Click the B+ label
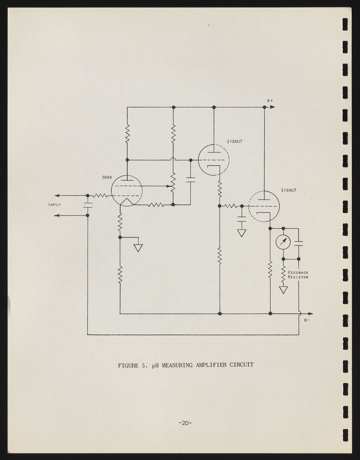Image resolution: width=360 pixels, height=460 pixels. click(270, 101)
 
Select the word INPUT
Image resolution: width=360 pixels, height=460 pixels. click(55, 205)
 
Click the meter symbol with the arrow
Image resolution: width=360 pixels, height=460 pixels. click(283, 243)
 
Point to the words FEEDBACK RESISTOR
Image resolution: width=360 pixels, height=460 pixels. click(298, 275)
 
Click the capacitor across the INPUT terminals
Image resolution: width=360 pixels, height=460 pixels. click(88, 206)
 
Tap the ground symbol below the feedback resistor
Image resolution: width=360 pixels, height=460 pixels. click(283, 290)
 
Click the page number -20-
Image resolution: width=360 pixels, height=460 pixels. click(185, 423)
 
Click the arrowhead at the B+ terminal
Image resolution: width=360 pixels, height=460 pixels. click(271, 107)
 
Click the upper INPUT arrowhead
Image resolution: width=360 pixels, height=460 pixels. click(57, 196)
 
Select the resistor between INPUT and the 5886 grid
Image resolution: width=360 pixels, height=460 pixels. click(100, 196)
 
